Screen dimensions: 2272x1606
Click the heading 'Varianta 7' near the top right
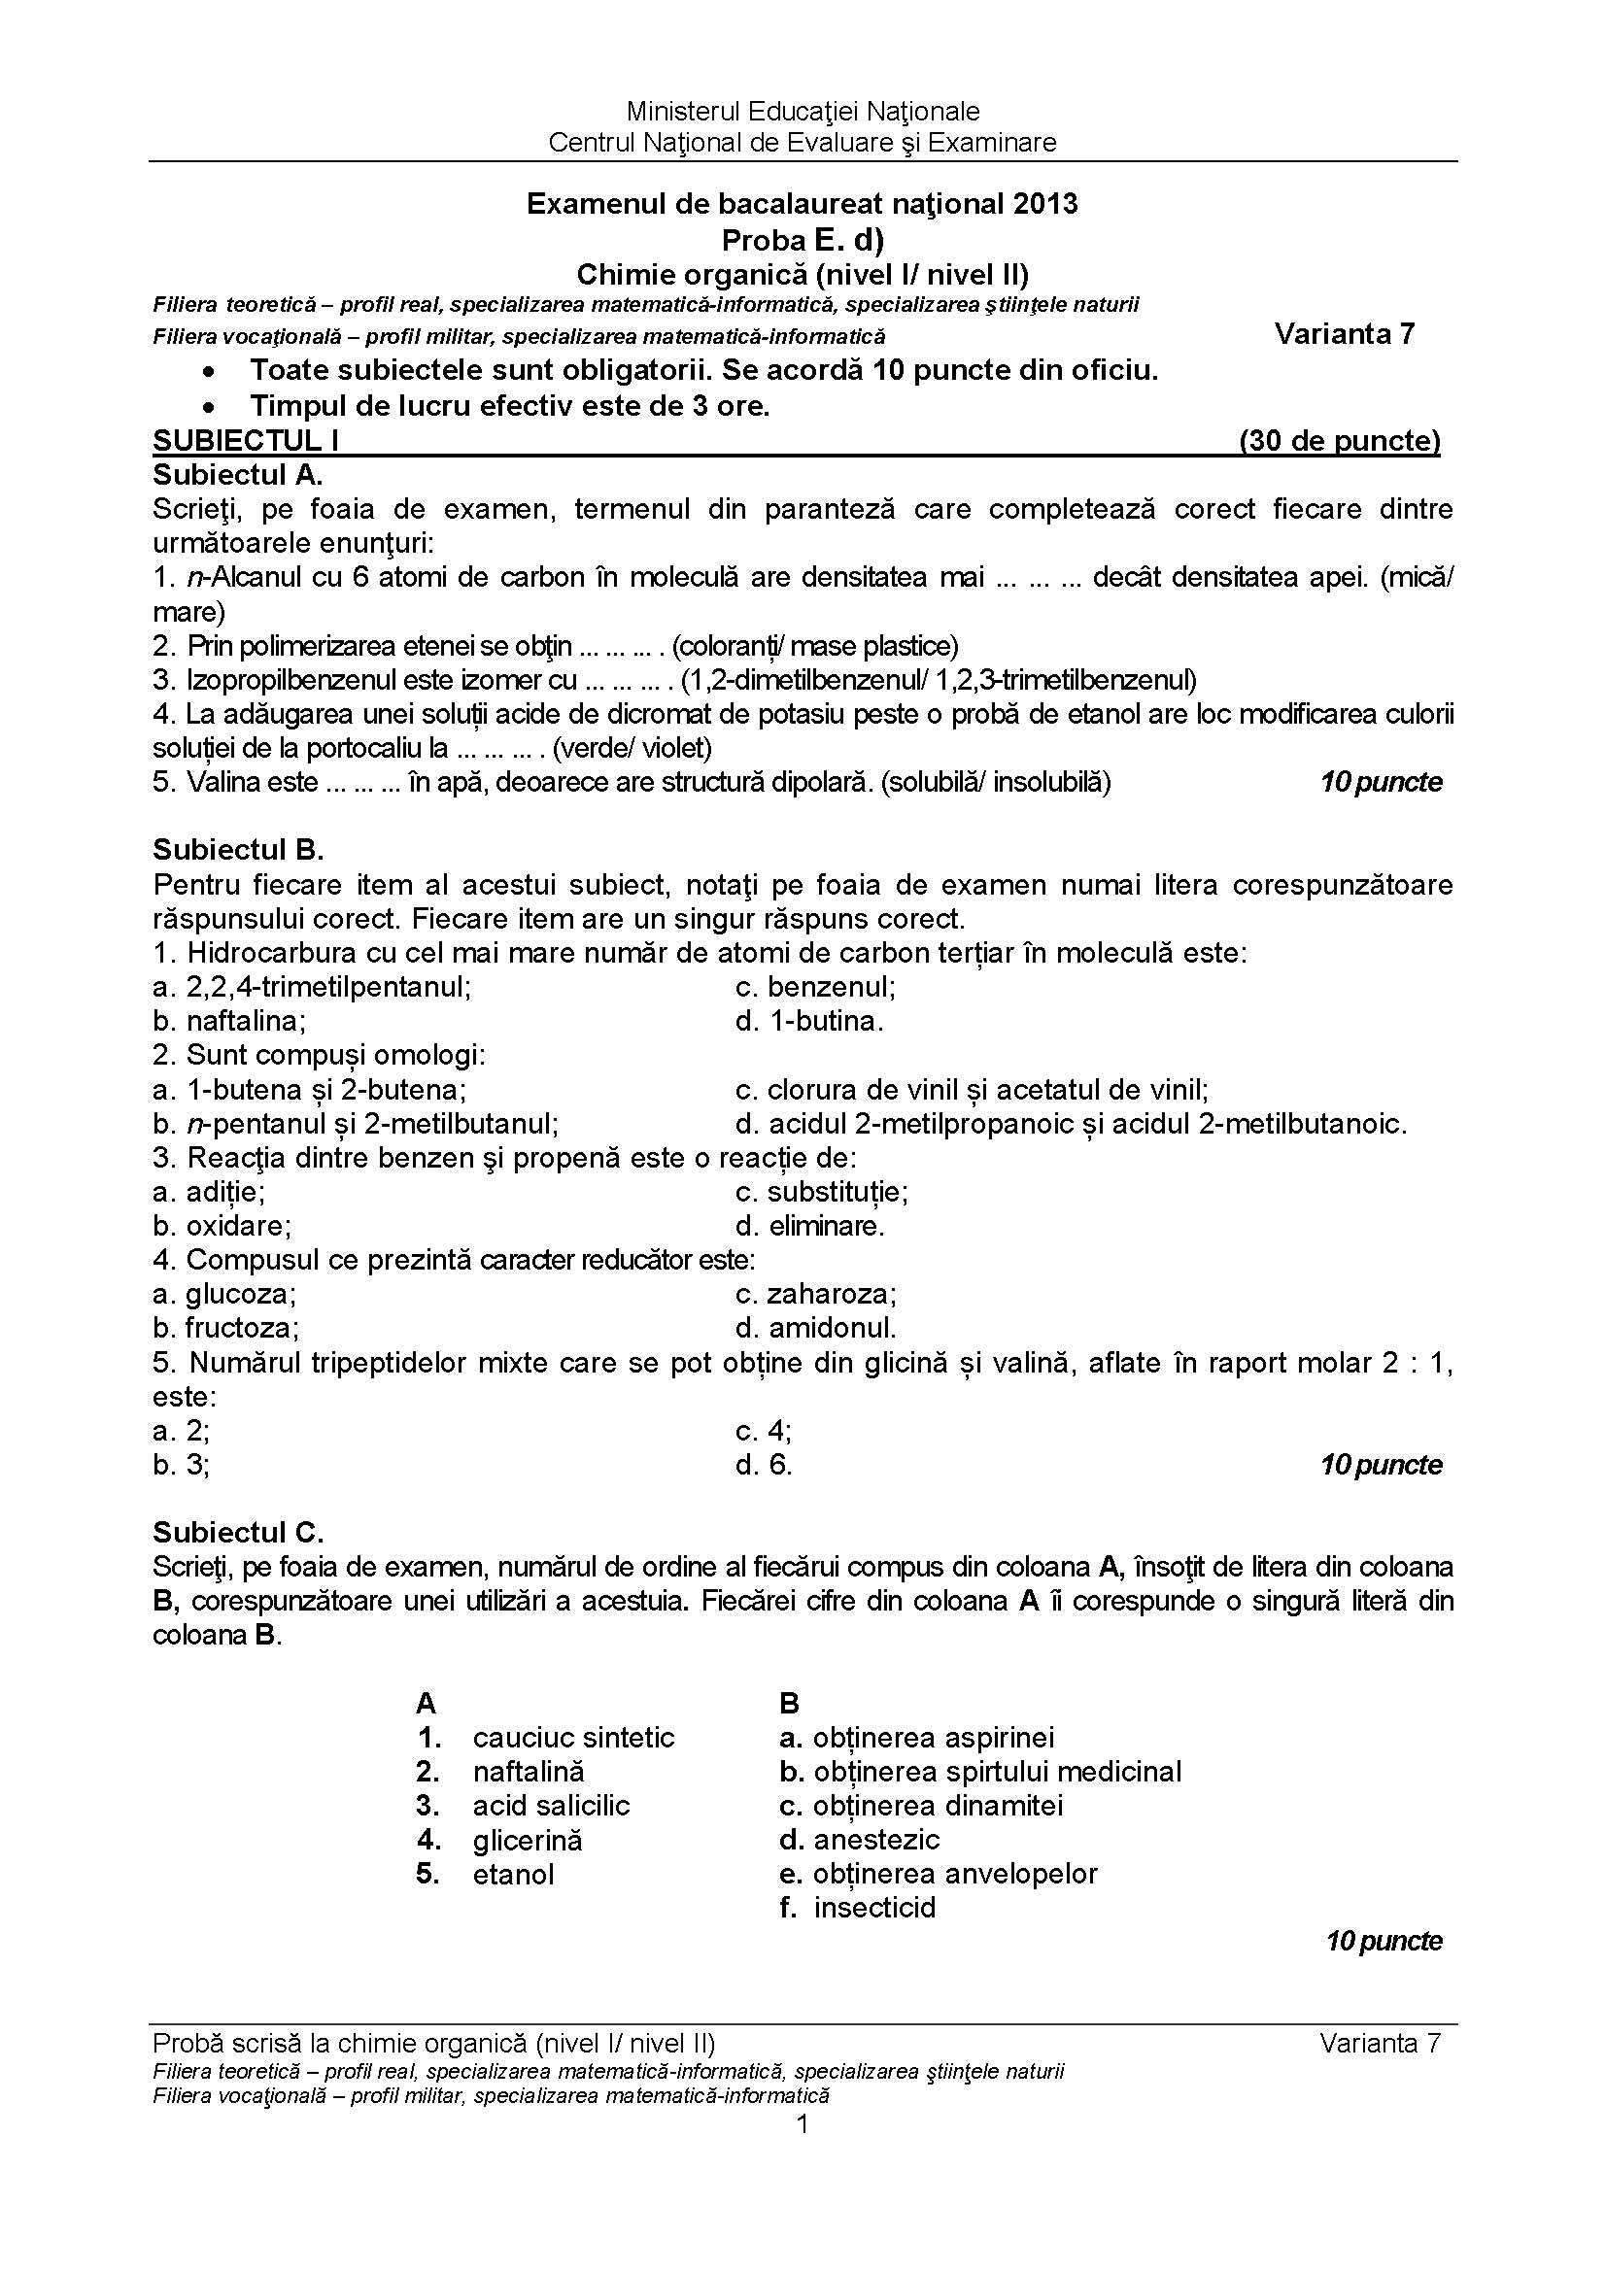(1345, 334)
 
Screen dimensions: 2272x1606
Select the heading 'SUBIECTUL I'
(246, 441)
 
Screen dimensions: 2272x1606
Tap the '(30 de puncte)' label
(1339, 441)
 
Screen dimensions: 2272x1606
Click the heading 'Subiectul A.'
(237, 475)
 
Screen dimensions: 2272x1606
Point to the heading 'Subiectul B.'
(237, 850)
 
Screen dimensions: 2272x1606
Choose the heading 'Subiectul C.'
(237, 1533)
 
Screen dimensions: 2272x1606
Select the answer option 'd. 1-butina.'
(809, 1020)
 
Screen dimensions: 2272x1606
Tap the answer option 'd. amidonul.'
(816, 1327)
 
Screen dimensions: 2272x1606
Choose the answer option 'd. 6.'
(764, 1465)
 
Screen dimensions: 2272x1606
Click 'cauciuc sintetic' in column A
(573, 1738)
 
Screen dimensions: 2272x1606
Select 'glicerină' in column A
(528, 1841)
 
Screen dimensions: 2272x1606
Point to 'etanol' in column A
(513, 1874)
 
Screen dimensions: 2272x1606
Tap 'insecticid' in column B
(873, 1908)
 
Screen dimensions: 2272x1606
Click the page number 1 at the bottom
(803, 2124)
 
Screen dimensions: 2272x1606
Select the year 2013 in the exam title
(1045, 204)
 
